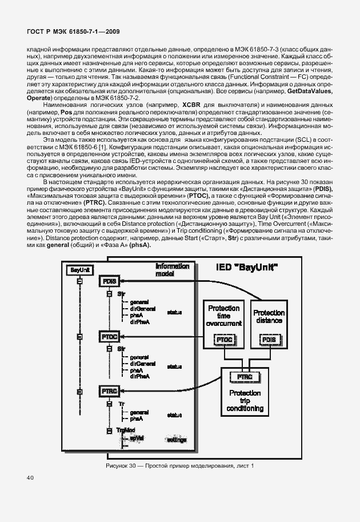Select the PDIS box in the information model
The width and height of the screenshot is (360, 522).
(109, 281)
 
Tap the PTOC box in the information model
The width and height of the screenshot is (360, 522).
(109, 337)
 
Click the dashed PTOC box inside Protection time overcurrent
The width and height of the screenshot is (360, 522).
(223, 340)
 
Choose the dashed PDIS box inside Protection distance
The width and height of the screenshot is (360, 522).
(269, 340)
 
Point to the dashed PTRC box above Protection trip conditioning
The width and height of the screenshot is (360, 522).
(245, 377)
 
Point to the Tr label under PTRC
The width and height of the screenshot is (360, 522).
(121, 404)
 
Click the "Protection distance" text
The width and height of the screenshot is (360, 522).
(269, 317)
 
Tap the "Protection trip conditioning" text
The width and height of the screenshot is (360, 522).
(245, 401)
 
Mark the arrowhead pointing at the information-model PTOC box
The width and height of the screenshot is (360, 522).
(125, 337)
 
